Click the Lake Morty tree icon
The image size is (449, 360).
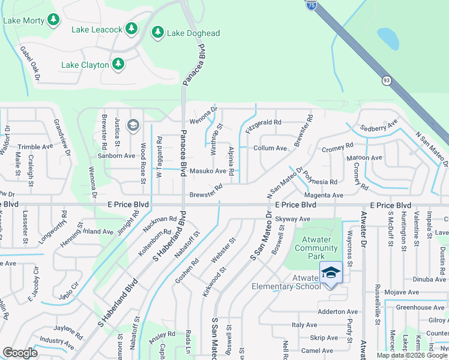(53, 20)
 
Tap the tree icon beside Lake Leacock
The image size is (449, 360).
(131, 29)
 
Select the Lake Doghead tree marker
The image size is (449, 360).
(158, 32)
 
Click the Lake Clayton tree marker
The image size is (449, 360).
(118, 64)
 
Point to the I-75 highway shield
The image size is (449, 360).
(311, 5)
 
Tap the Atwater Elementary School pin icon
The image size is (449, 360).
(331, 272)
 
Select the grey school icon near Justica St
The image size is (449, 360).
(133, 125)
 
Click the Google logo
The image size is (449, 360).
(20, 353)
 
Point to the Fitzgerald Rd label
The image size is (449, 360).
(264, 122)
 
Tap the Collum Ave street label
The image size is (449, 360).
(270, 148)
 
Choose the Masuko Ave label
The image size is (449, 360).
(208, 171)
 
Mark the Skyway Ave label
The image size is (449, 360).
(293, 219)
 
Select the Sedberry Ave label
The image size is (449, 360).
(379, 127)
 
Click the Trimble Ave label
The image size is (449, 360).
(35, 147)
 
